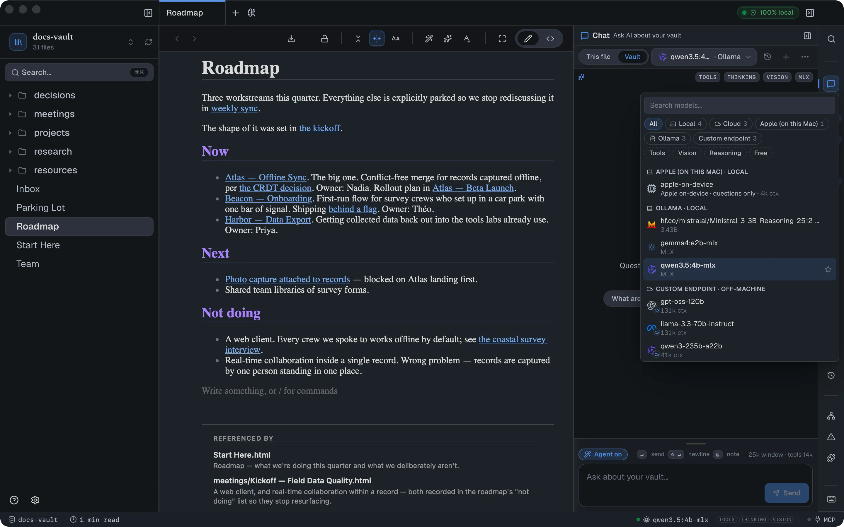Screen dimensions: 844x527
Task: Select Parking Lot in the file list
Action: click(x=40, y=207)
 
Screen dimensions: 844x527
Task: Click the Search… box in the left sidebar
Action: click(x=79, y=72)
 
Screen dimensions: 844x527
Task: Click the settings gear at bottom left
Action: click(x=35, y=500)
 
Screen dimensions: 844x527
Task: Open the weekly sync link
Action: click(x=234, y=108)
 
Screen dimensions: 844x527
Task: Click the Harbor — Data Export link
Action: click(x=268, y=220)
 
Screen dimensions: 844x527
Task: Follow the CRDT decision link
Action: click(x=275, y=188)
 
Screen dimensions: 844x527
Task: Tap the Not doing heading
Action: click(x=231, y=313)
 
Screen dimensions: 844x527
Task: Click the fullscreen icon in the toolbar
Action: click(x=502, y=39)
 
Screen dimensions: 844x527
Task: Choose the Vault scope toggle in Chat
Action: click(x=632, y=57)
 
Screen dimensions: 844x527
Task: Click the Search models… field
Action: click(x=739, y=105)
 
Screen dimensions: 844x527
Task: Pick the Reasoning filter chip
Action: click(x=725, y=153)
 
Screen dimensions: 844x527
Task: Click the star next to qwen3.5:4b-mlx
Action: click(x=828, y=269)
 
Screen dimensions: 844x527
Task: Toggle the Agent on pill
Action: click(x=603, y=454)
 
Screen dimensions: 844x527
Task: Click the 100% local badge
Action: click(x=768, y=13)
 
